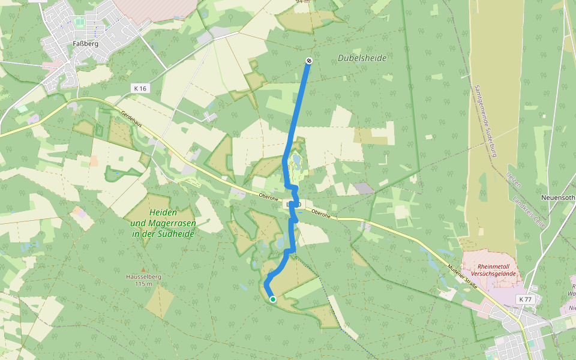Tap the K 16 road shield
pos(140,88)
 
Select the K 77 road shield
pos(526,299)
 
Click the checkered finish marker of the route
pos(308,61)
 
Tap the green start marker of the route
pos(273,299)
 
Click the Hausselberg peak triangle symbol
pos(143,270)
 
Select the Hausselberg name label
pos(143,277)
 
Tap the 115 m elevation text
pos(143,284)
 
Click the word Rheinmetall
pos(496,267)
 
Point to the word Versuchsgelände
pos(496,274)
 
